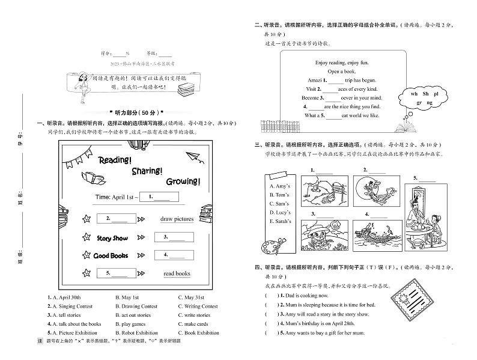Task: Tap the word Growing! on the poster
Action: pyautogui.click(x=183, y=181)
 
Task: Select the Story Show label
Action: pyautogui.click(x=112, y=238)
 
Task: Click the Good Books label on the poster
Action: pyautogui.click(x=111, y=255)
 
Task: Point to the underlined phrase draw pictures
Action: pyautogui.click(x=177, y=219)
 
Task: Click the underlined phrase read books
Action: pyautogui.click(x=177, y=273)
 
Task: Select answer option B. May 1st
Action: pyautogui.click(x=127, y=297)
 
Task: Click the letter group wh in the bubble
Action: pyautogui.click(x=414, y=94)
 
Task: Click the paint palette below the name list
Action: pyautogui.click(x=274, y=247)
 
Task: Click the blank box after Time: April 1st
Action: pyautogui.click(x=159, y=197)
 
